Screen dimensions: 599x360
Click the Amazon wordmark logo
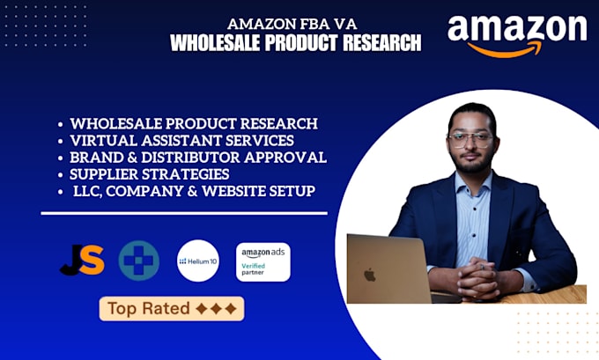[x=517, y=36]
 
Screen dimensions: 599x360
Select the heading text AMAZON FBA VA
[x=292, y=24]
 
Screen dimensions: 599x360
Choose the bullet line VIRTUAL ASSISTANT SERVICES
[x=181, y=141]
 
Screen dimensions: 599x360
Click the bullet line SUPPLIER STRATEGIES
[x=150, y=174]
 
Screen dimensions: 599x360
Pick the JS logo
[x=82, y=261]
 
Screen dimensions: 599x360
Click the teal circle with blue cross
[x=138, y=261]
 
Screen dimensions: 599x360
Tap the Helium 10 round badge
[x=198, y=261]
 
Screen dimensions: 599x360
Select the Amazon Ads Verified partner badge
[x=263, y=262]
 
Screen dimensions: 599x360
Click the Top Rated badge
[x=172, y=308]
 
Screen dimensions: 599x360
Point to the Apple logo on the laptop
[x=369, y=274]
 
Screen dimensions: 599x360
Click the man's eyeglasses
[x=470, y=140]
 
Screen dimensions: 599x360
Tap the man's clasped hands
[x=477, y=278]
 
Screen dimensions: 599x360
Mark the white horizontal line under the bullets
[x=184, y=213]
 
